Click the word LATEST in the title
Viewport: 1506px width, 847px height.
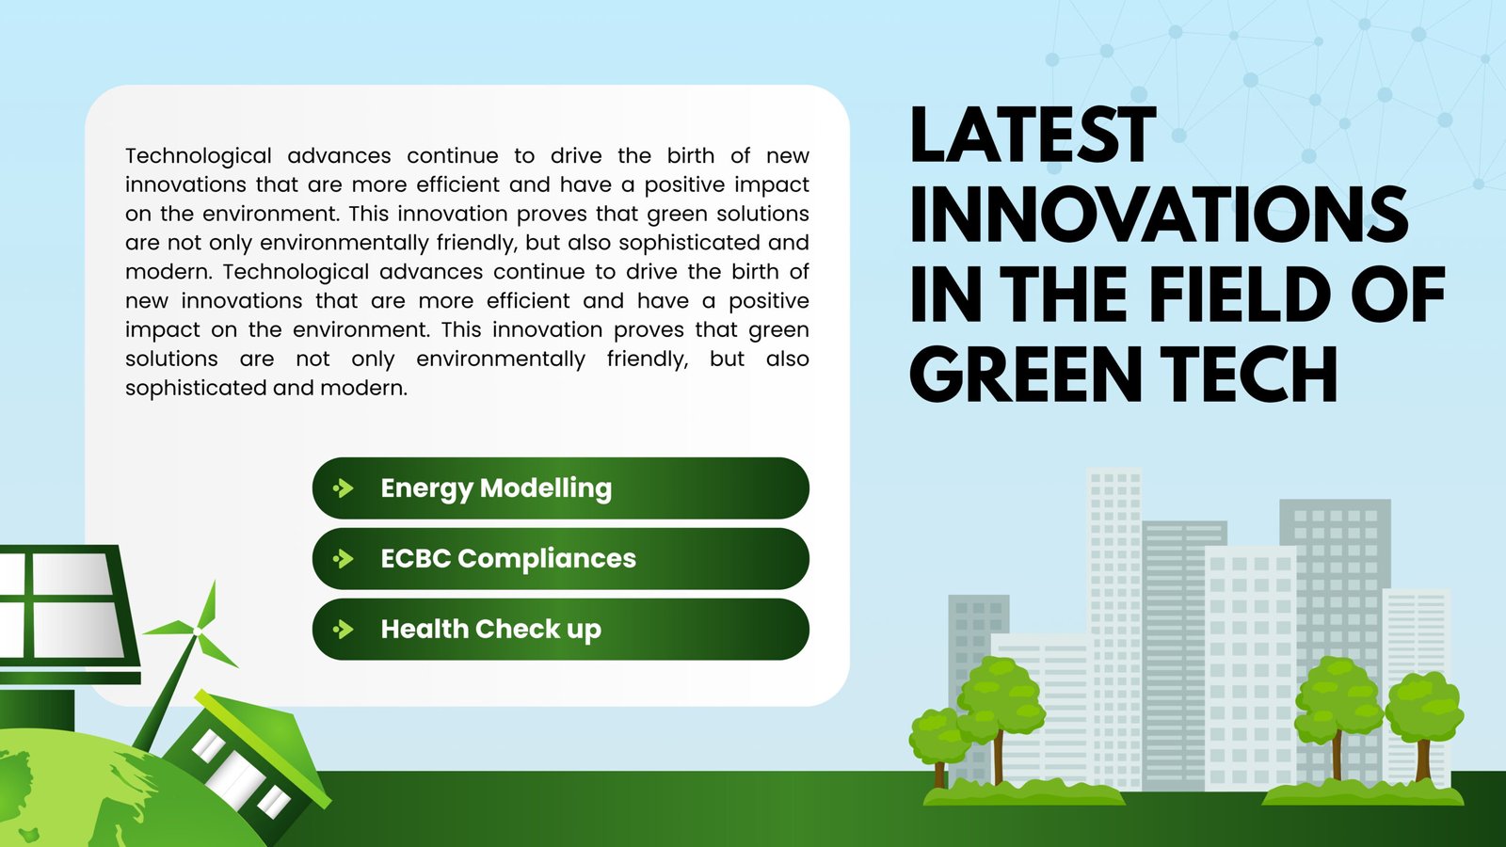[x=1032, y=136]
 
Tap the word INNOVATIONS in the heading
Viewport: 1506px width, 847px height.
[x=1159, y=216]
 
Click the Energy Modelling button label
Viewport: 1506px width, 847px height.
[x=496, y=488]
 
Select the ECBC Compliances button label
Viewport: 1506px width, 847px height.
[x=508, y=559]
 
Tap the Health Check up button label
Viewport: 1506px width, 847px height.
[x=490, y=630]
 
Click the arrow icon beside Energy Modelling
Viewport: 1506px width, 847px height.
[x=344, y=488]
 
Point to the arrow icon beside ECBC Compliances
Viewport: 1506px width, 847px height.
[x=344, y=559]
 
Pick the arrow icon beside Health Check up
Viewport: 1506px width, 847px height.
[x=344, y=630]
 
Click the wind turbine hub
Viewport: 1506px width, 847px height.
[x=198, y=632]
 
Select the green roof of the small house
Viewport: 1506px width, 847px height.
[x=264, y=729]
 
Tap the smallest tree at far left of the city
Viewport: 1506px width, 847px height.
[x=938, y=739]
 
